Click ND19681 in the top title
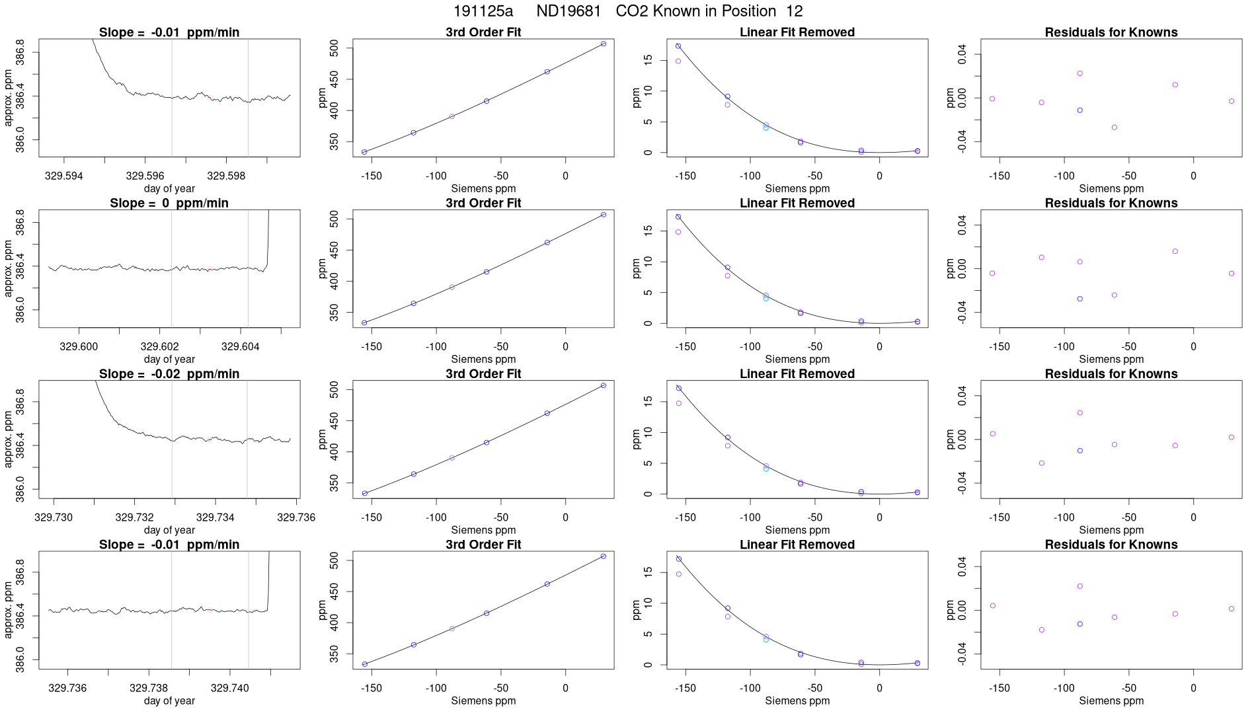click(569, 11)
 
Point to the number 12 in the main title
click(795, 11)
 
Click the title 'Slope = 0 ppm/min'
click(169, 203)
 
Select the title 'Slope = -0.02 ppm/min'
click(169, 373)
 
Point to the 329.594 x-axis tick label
click(64, 176)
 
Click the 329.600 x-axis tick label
click(79, 346)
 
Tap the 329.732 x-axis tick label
click(134, 517)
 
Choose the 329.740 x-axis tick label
click(230, 688)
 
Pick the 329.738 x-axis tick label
click(149, 688)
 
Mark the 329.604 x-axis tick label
click(241, 346)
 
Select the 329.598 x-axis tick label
click(226, 176)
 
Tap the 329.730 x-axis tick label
click(54, 517)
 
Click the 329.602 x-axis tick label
click(159, 346)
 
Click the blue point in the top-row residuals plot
click(1080, 110)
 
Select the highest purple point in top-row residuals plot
click(1080, 73)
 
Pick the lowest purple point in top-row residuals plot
click(1115, 128)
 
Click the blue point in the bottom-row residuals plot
click(1080, 624)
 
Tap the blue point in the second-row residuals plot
click(1080, 299)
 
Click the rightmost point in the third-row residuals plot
click(1232, 438)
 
